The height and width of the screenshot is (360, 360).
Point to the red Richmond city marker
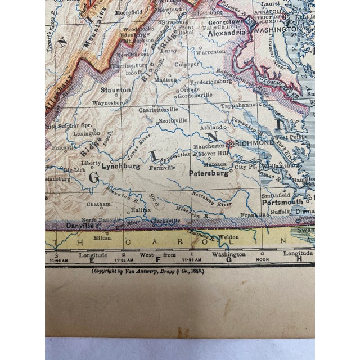click(x=229, y=142)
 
